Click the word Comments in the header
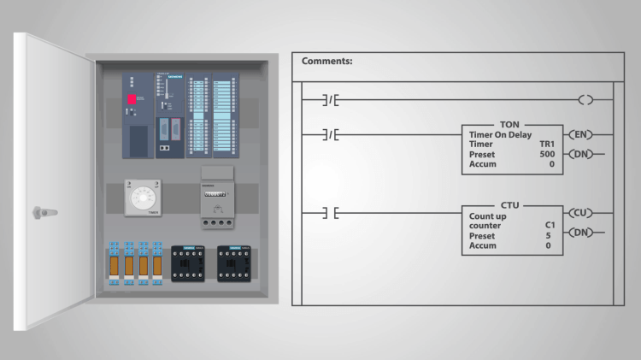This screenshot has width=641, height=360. click(327, 62)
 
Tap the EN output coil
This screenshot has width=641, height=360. click(581, 134)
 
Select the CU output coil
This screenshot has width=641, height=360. click(581, 213)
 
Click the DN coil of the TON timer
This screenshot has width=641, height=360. click(581, 154)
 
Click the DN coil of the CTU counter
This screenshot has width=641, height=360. click(581, 233)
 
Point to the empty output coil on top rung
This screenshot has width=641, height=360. click(585, 100)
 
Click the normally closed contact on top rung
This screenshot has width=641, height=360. click(332, 100)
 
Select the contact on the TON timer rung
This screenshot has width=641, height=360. click(332, 134)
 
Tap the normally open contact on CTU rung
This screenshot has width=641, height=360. click(332, 213)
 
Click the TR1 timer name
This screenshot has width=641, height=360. click(546, 145)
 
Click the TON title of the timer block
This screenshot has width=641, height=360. click(509, 125)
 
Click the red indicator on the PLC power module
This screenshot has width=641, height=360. click(132, 99)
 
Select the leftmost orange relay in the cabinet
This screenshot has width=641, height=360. click(114, 264)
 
